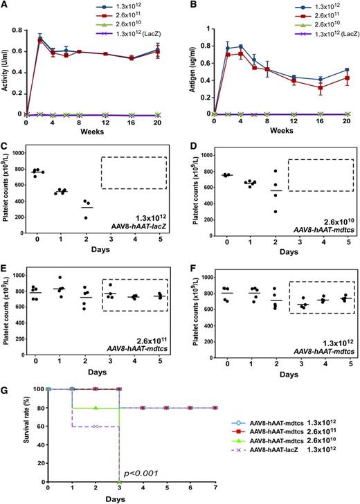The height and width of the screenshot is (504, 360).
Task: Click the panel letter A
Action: click(6, 6)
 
